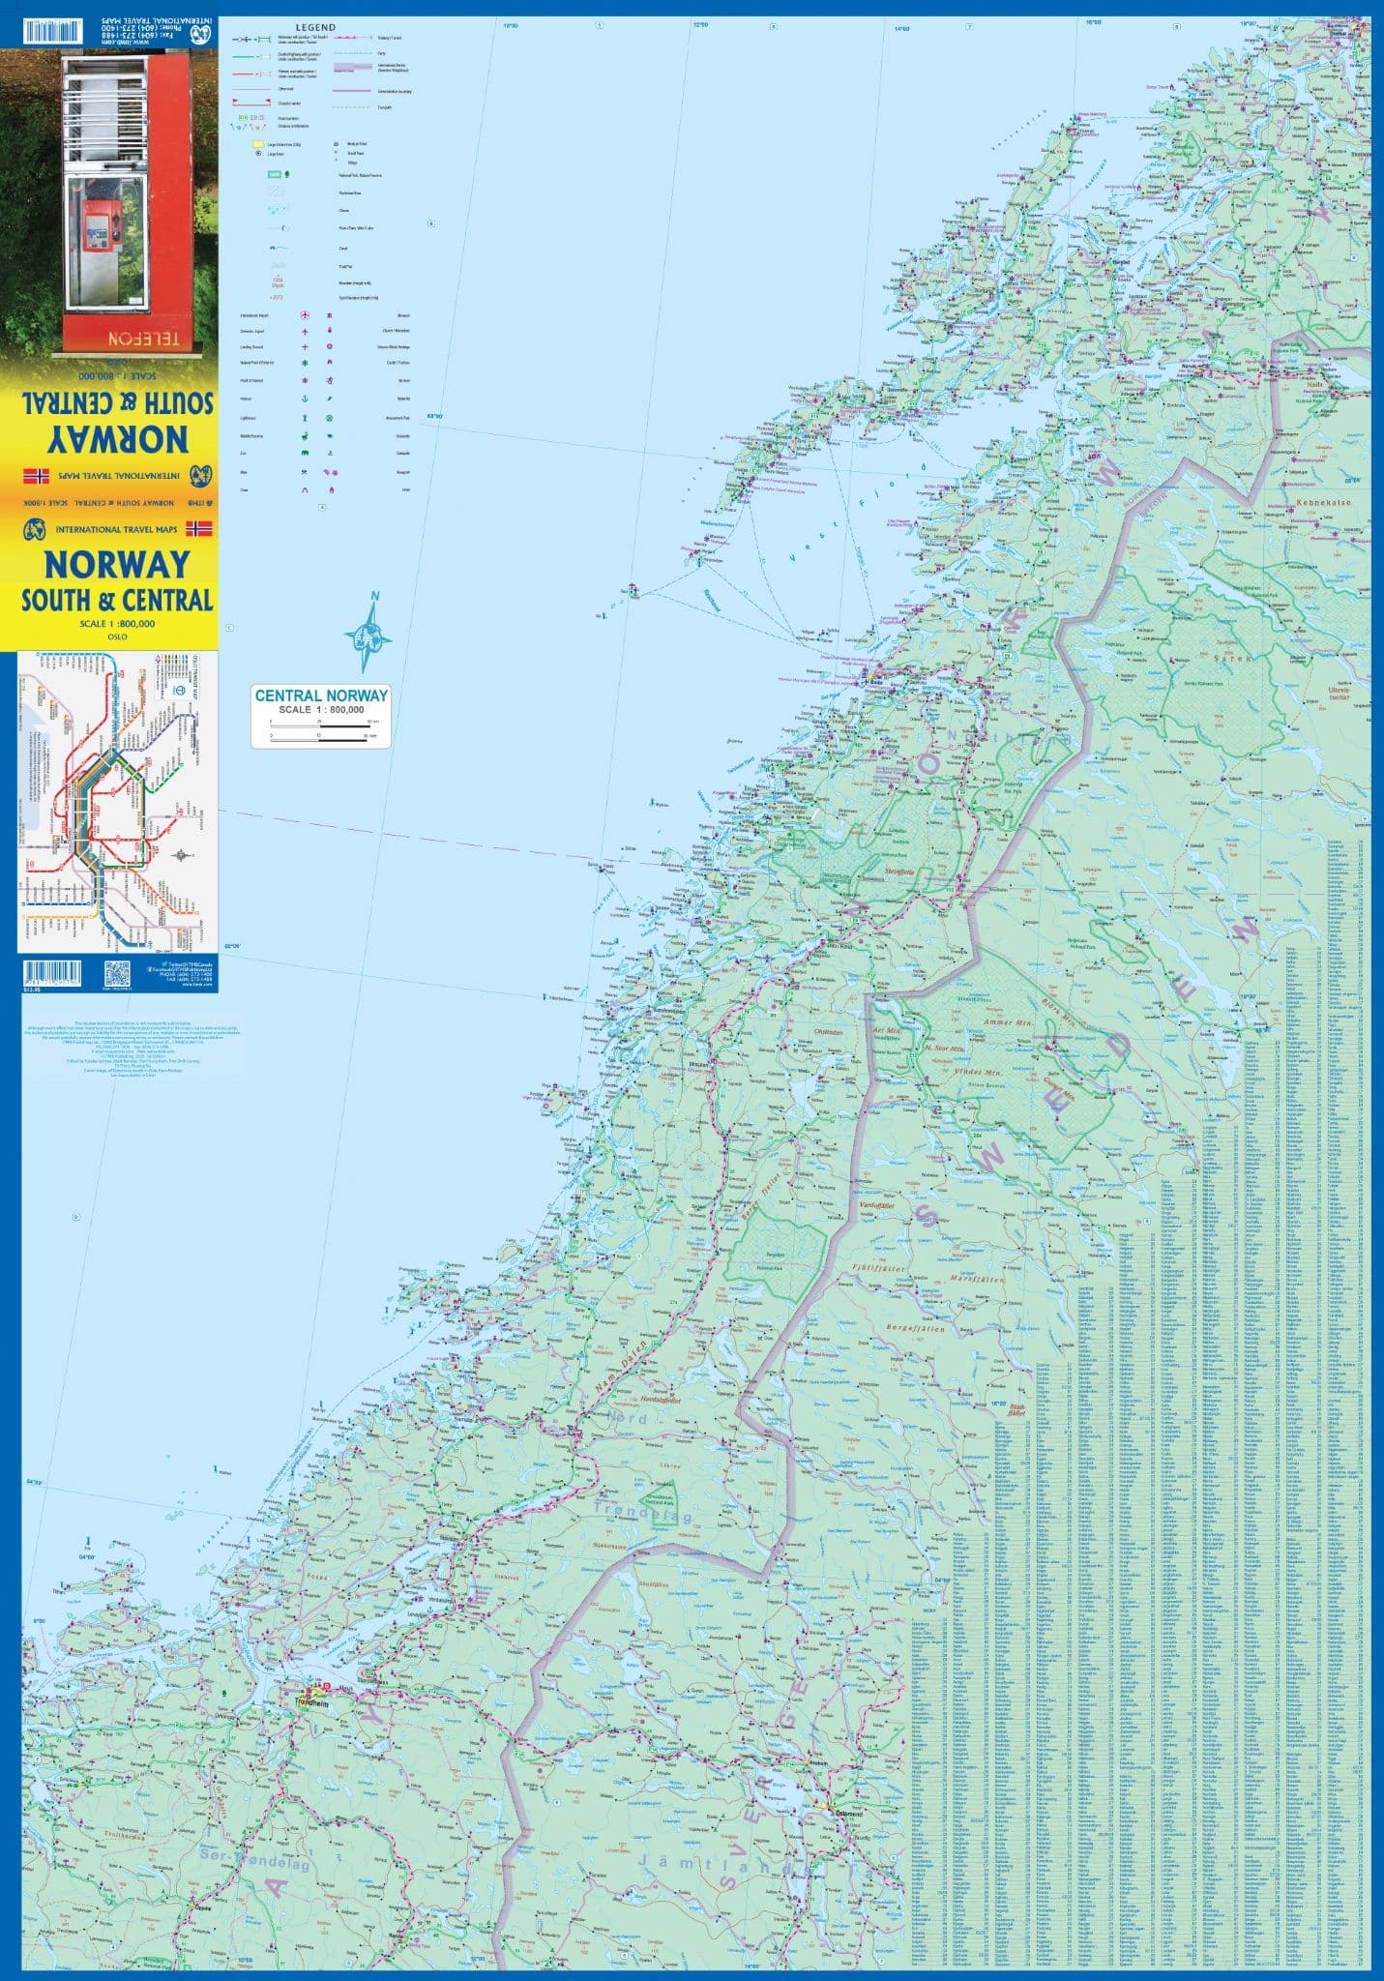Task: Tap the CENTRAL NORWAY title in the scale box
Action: [320, 695]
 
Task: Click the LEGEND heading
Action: [317, 28]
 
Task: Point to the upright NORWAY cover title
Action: [116, 563]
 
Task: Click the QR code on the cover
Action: [117, 973]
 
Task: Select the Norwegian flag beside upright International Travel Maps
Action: [198, 529]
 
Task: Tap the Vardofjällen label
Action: [875, 1206]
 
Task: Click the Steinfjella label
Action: [899, 871]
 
